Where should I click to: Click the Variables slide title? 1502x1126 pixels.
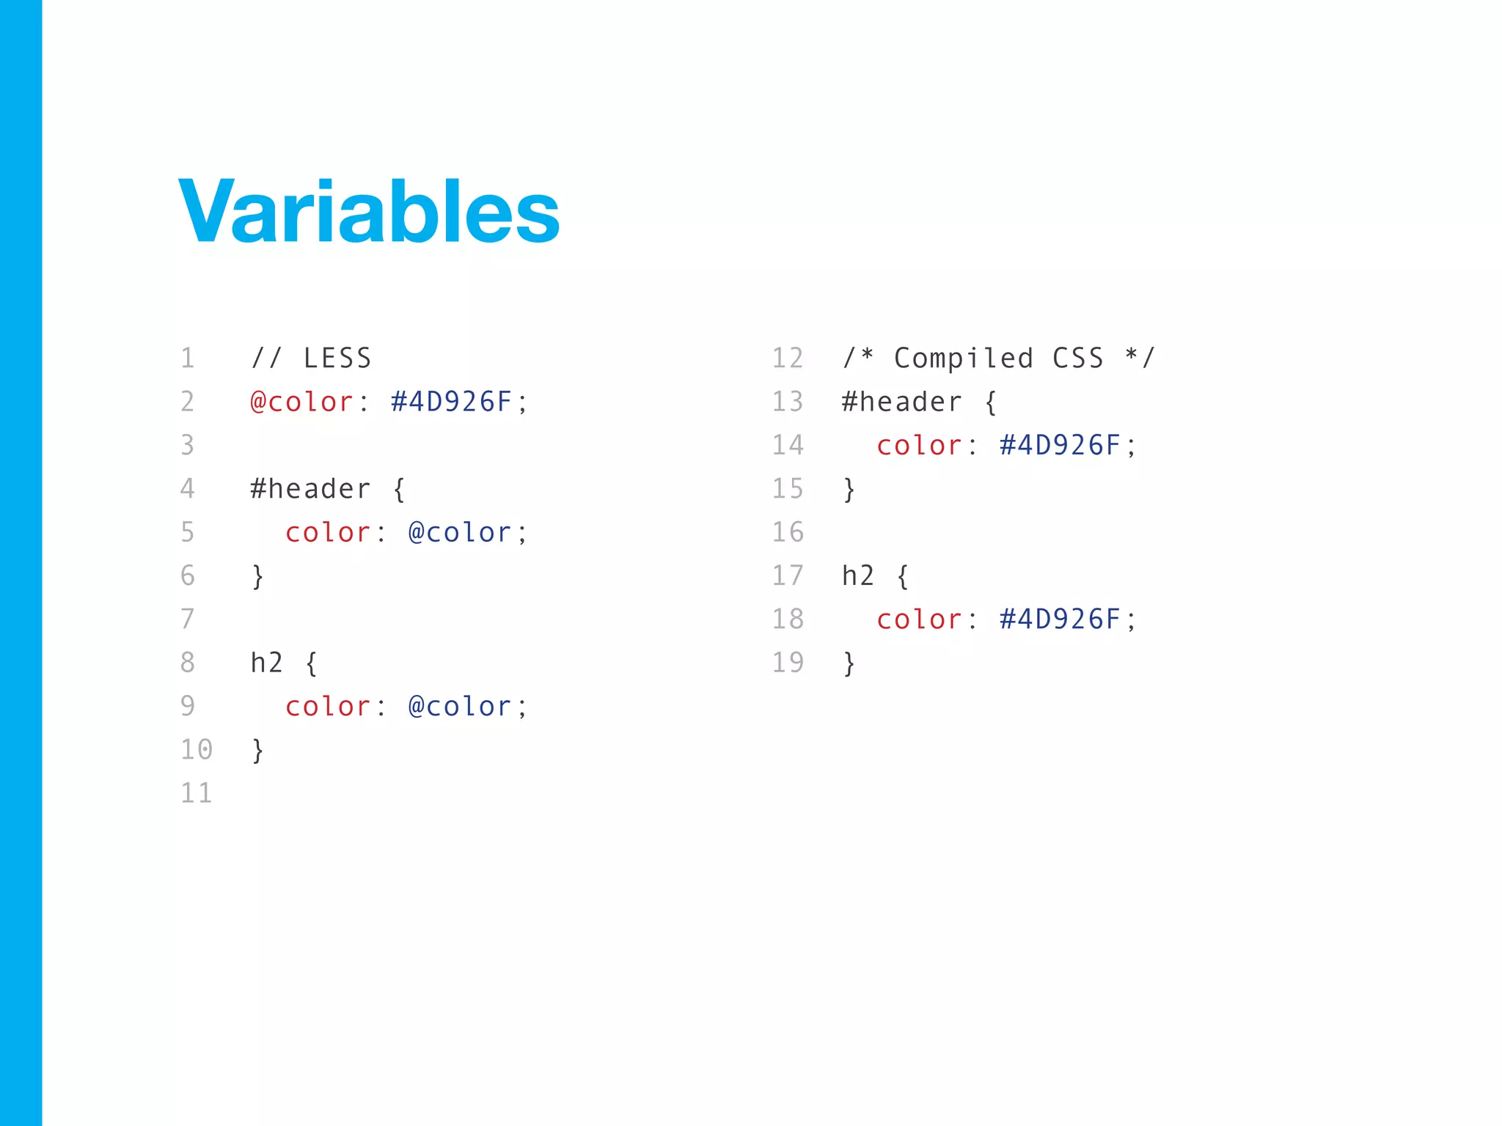pyautogui.click(x=369, y=212)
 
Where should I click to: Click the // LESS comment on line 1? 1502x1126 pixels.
pyautogui.click(x=311, y=358)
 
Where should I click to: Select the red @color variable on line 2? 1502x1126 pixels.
pyautogui.click(x=301, y=402)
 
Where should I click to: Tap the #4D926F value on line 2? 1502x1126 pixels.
pyautogui.click(x=451, y=402)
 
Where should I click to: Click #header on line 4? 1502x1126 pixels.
pyautogui.click(x=310, y=489)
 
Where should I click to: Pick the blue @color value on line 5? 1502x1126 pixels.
pyautogui.click(x=459, y=532)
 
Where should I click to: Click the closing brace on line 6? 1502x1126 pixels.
pyautogui.click(x=257, y=576)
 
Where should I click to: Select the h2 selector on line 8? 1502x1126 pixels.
pyautogui.click(x=266, y=663)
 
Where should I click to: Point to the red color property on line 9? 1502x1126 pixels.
pyautogui.click(x=328, y=707)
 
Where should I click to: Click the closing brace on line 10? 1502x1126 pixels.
pyautogui.click(x=257, y=750)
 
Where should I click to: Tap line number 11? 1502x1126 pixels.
pyautogui.click(x=197, y=793)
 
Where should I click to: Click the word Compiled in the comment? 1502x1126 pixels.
pyautogui.click(x=964, y=358)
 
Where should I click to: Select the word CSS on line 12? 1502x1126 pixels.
pyautogui.click(x=1078, y=358)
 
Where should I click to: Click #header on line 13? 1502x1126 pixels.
pyautogui.click(x=901, y=402)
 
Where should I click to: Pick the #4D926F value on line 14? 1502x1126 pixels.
pyautogui.click(x=1060, y=445)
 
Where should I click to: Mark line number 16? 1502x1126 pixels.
pyautogui.click(x=788, y=532)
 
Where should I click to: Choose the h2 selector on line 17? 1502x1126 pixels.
pyautogui.click(x=858, y=576)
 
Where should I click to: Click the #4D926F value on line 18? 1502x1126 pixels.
pyautogui.click(x=1060, y=619)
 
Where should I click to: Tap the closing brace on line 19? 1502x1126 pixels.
pyautogui.click(x=849, y=663)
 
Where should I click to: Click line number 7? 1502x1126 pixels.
pyautogui.click(x=188, y=619)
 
